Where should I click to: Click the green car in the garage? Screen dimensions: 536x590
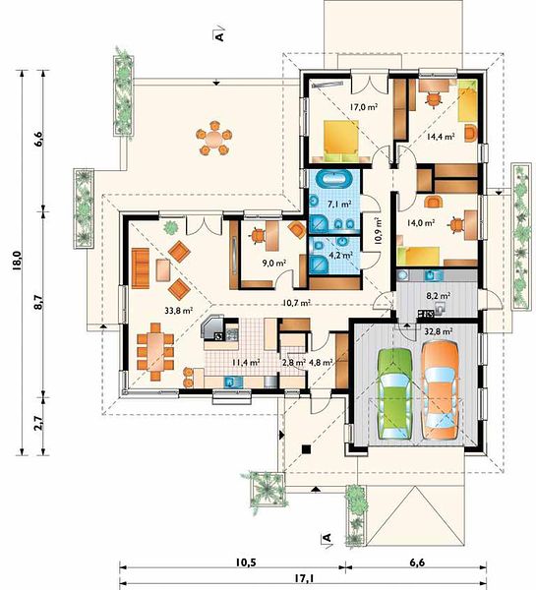[394, 393]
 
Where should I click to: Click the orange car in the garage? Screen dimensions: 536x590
[440, 390]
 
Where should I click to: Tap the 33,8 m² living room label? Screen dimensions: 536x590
[179, 311]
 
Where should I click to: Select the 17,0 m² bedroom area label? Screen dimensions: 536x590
[364, 107]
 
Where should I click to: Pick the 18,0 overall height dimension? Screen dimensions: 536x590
[19, 261]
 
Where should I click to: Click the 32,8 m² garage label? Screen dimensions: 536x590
[439, 332]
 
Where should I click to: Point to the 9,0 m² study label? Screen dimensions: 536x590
[274, 263]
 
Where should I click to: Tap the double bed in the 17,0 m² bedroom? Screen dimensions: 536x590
[341, 141]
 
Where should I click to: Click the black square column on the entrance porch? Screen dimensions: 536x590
[307, 449]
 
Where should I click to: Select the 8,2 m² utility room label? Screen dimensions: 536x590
[439, 296]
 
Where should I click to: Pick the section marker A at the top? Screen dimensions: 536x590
[219, 33]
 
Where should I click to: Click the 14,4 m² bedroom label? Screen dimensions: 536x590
[441, 137]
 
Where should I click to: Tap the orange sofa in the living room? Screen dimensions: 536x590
[141, 267]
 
